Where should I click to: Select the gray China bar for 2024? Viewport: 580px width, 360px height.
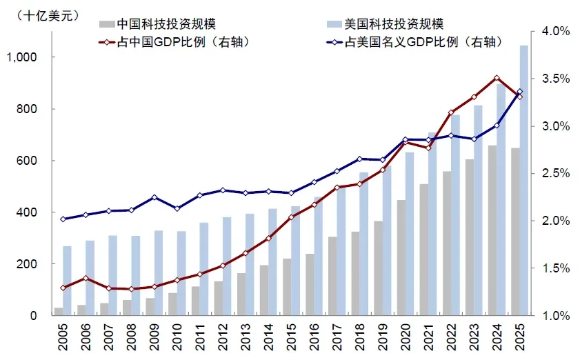pyautogui.click(x=492, y=230)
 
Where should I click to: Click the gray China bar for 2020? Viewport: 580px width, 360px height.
pyautogui.click(x=401, y=258)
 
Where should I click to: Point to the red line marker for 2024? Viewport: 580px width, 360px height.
pyautogui.click(x=497, y=78)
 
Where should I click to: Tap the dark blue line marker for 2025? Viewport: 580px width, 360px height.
pyautogui.click(x=519, y=92)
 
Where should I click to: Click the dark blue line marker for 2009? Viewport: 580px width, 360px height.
pyautogui.click(x=154, y=197)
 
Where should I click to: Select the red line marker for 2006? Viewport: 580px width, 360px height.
pyautogui.click(x=86, y=278)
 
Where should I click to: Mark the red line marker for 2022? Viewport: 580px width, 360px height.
pyautogui.click(x=451, y=112)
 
